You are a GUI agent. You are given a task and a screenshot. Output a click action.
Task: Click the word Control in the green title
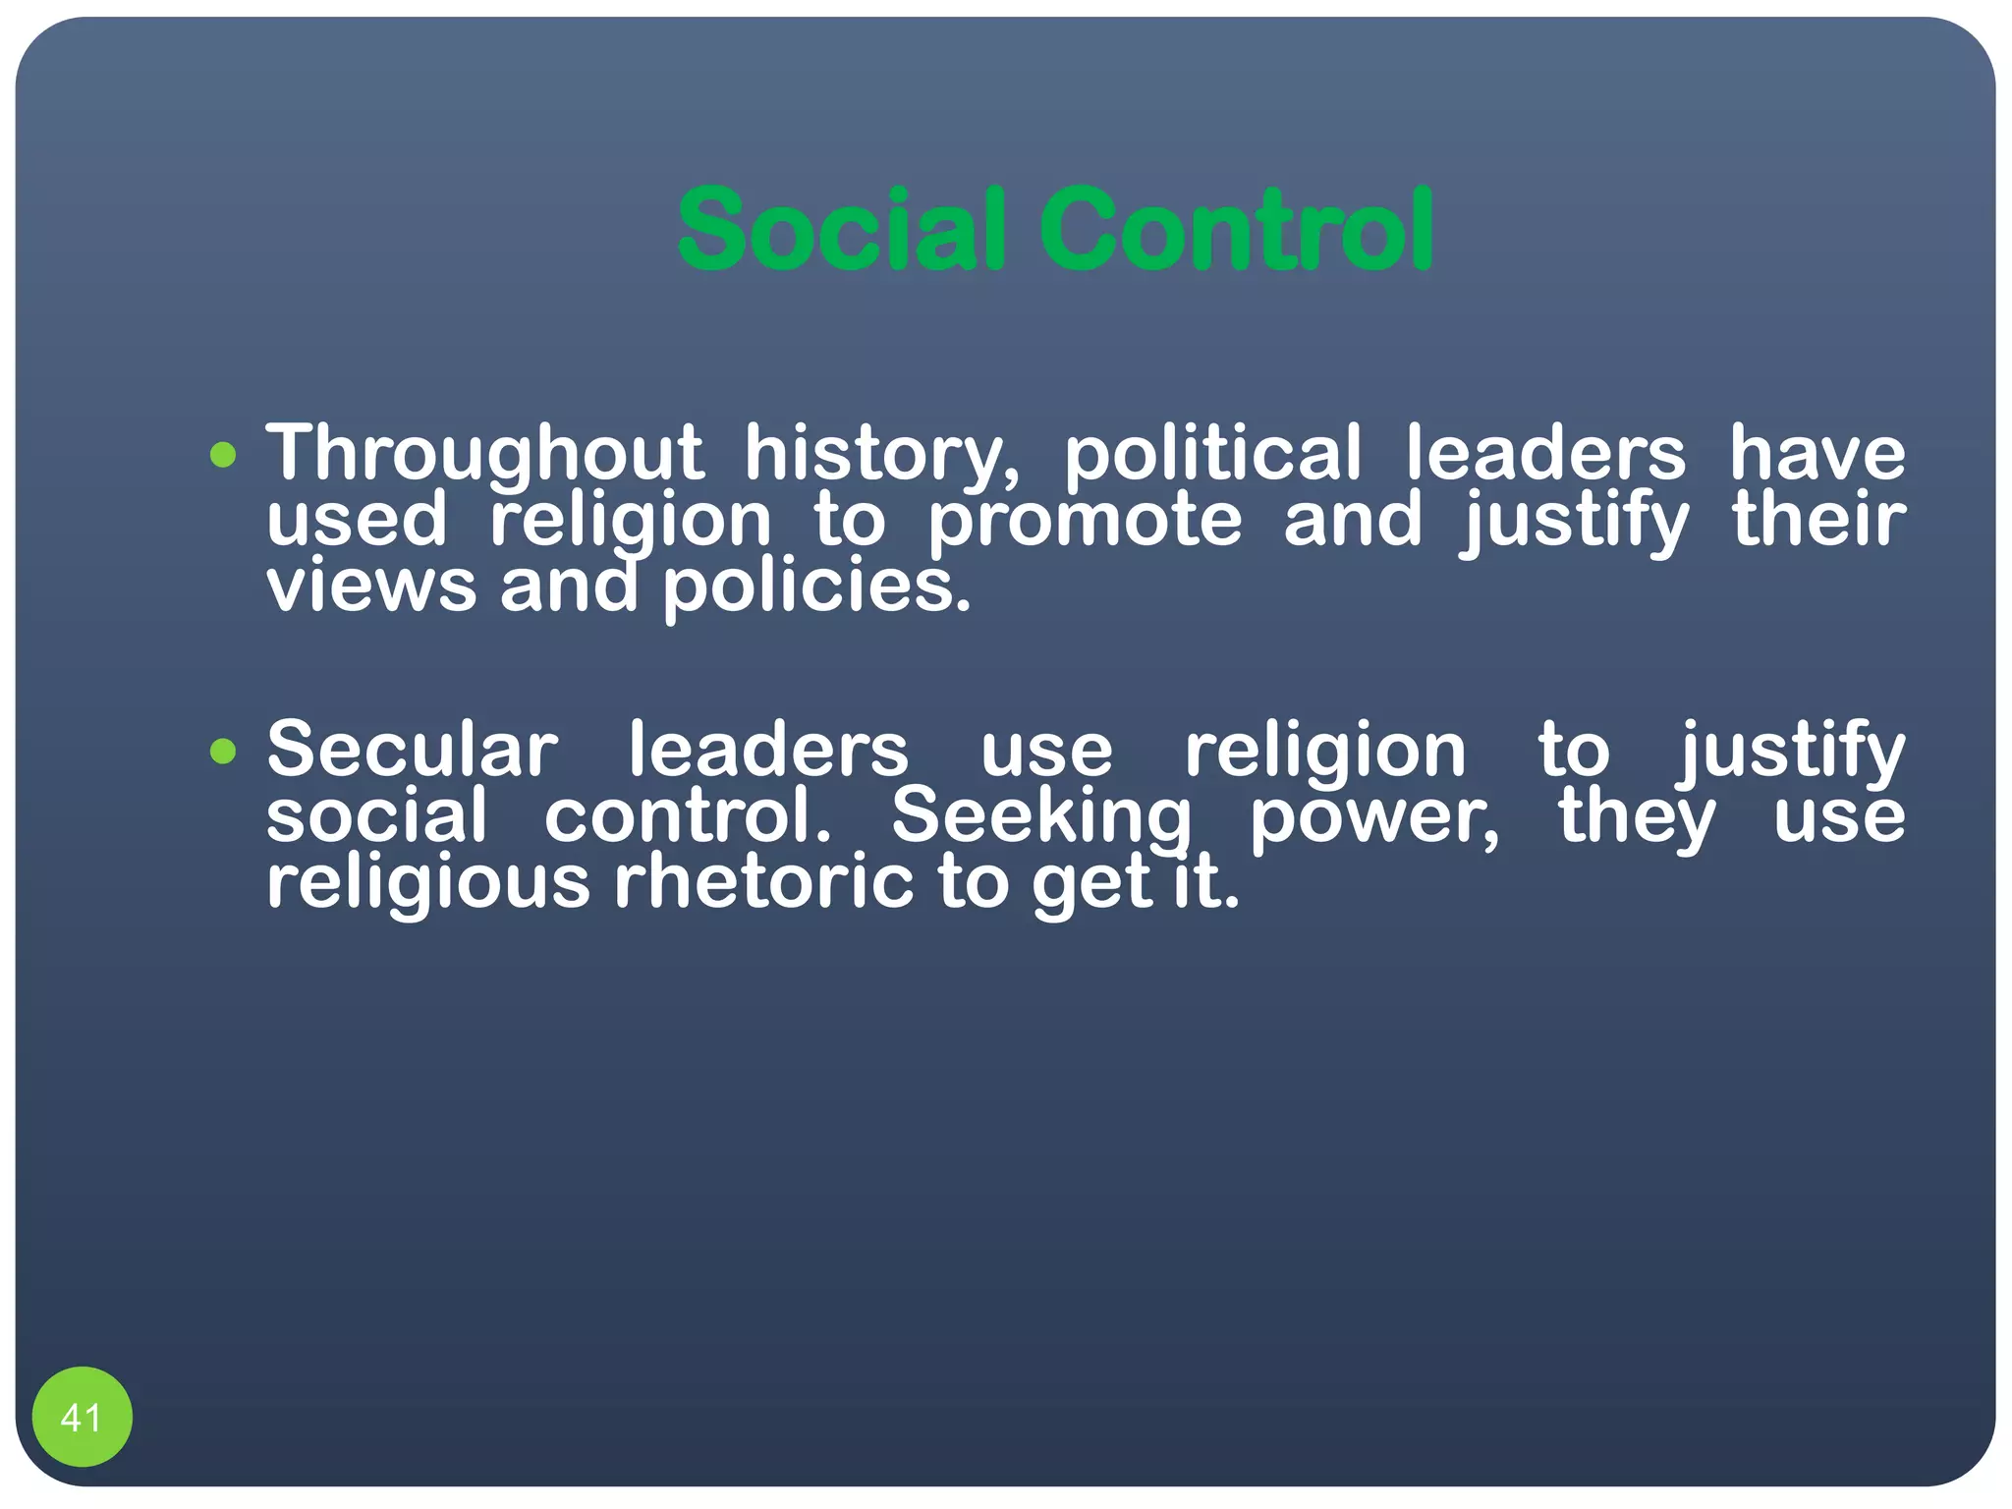click(x=1237, y=230)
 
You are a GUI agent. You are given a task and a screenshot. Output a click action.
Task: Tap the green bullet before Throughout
click(x=224, y=455)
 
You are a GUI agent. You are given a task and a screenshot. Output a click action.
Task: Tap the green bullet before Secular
click(x=224, y=752)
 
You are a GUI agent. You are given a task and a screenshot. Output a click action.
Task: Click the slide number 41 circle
click(x=82, y=1417)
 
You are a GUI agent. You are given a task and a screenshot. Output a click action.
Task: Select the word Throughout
click(x=484, y=454)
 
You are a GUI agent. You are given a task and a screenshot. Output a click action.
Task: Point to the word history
click(x=880, y=454)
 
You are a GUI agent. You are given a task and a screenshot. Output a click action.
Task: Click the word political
click(x=1213, y=454)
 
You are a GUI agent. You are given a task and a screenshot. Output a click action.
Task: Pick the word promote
click(x=1085, y=520)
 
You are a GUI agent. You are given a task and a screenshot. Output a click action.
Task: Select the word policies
click(x=815, y=587)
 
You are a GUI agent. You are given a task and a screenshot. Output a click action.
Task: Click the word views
click(x=370, y=587)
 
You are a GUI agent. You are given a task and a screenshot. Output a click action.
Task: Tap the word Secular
click(x=412, y=751)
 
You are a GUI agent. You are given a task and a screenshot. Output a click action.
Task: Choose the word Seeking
click(x=1040, y=816)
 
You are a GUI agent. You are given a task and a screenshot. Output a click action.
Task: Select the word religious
click(x=428, y=883)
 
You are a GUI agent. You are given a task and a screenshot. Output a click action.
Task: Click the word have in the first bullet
click(x=1816, y=454)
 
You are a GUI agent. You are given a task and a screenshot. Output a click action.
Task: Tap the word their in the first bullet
click(x=1818, y=520)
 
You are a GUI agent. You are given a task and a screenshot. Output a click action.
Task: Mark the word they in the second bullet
click(x=1637, y=817)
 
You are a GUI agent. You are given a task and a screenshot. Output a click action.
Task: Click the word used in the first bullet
click(x=357, y=520)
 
